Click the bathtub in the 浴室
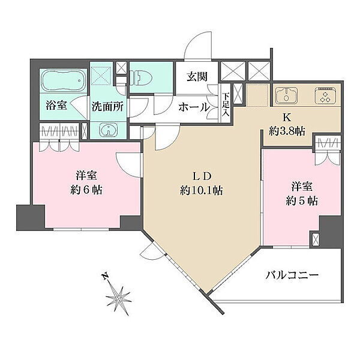64,80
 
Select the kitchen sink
287,95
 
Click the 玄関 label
197,77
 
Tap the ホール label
194,107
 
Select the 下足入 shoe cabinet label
226,104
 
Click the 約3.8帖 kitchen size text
287,131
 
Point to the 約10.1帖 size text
202,190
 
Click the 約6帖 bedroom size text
86,190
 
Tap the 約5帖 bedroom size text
302,201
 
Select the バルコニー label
292,275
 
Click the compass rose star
119,299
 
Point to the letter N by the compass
105,277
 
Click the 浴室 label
56,106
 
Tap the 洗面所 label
107,107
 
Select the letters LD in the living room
202,176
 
